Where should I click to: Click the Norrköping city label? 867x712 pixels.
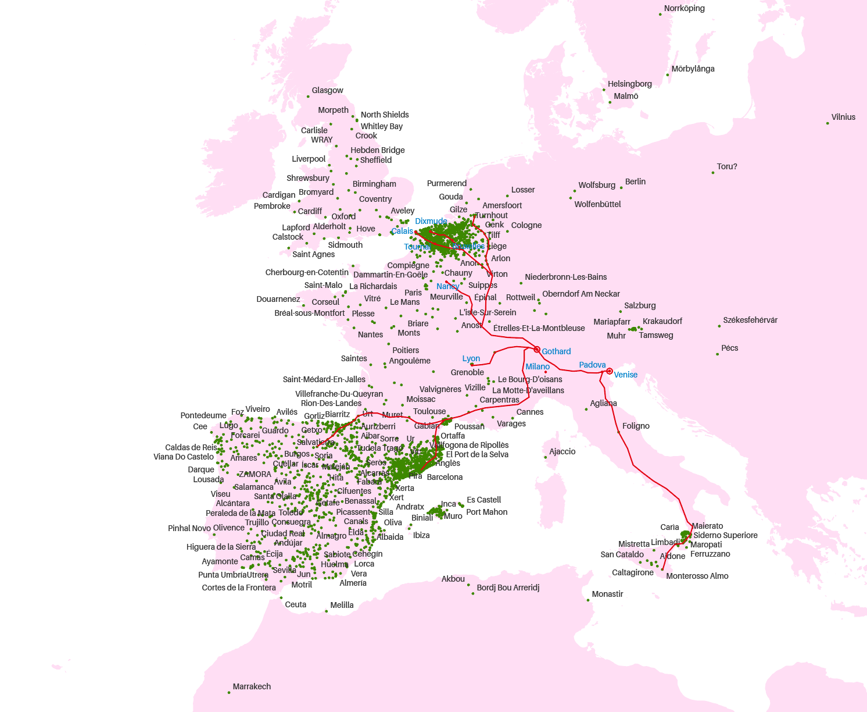684,8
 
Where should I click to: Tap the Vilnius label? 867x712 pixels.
843,117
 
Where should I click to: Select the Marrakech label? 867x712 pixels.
252,686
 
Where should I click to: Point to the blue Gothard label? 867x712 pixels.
556,351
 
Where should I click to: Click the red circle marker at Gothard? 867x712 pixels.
537,350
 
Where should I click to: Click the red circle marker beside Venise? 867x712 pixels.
609,371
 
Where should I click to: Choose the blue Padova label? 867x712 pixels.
592,365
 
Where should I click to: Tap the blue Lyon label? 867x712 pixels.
471,358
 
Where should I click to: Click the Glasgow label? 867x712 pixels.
327,90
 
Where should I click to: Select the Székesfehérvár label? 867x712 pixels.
750,320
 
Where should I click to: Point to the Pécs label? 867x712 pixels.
729,348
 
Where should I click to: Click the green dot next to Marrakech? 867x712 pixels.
229,692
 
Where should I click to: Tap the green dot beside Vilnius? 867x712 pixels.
827,123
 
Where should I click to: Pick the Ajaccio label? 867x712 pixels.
562,451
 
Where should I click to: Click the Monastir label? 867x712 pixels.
607,594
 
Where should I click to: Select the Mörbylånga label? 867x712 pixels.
693,69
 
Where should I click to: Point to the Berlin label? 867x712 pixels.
635,181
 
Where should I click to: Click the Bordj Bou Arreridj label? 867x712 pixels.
508,588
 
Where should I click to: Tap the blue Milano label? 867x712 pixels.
538,366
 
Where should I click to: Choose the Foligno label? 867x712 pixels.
636,426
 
